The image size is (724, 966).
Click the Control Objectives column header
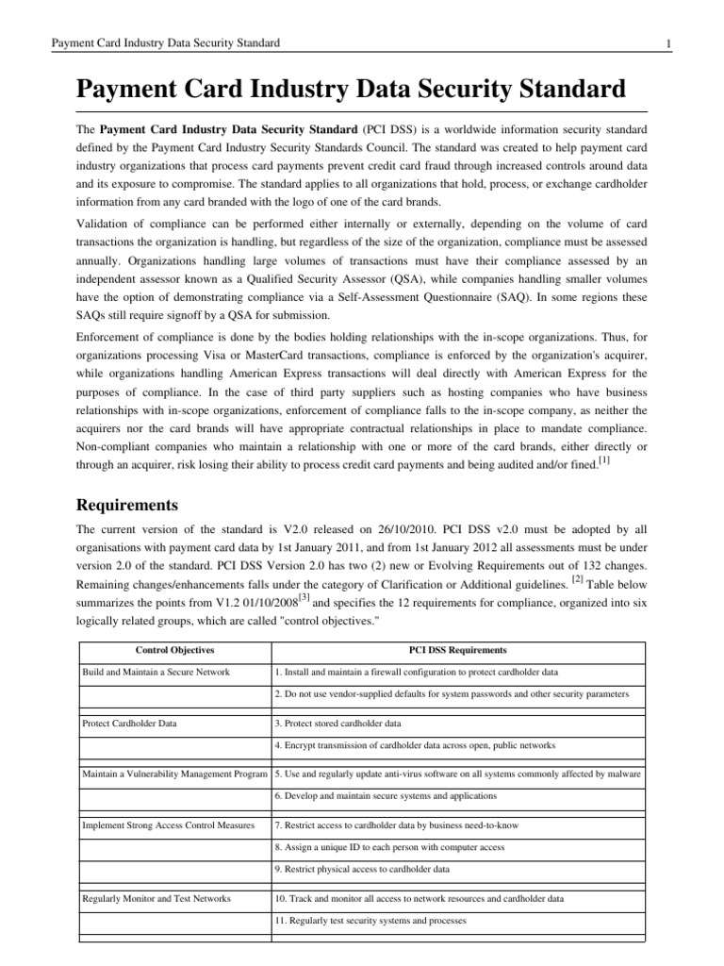click(x=174, y=650)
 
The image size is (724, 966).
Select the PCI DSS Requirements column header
click(x=457, y=650)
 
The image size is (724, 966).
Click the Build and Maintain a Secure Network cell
click(x=156, y=672)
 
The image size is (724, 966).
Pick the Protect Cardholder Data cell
click(x=130, y=723)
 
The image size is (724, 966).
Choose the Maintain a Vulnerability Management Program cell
click(x=175, y=774)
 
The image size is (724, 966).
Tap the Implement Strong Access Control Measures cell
click(x=169, y=825)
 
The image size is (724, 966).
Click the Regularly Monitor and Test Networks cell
click(x=156, y=897)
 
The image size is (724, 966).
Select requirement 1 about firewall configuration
click(x=416, y=672)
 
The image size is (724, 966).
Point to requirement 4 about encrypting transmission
click(x=415, y=744)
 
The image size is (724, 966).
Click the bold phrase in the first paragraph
click(x=227, y=128)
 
